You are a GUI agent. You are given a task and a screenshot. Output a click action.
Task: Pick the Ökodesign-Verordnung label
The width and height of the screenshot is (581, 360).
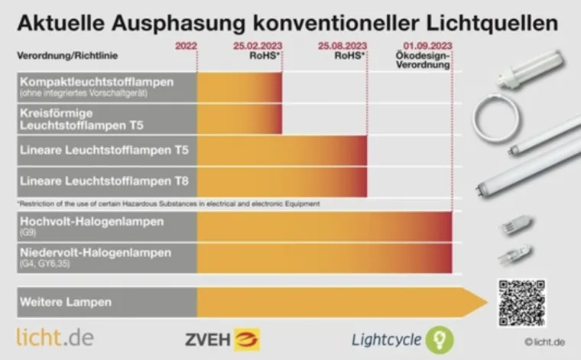[423, 61]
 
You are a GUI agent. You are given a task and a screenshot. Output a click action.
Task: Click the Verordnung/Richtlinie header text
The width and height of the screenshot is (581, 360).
[67, 56]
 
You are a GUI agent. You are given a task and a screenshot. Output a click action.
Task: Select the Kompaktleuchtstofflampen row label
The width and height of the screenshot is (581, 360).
[96, 82]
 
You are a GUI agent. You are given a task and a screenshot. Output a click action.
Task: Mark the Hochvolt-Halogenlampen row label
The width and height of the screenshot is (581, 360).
[92, 222]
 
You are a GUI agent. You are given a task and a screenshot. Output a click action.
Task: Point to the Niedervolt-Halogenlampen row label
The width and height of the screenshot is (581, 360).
[96, 253]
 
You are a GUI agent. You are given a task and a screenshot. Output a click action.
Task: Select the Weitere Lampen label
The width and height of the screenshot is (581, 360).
[66, 302]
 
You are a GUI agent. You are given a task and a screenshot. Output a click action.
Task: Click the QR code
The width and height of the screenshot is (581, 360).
[522, 303]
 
